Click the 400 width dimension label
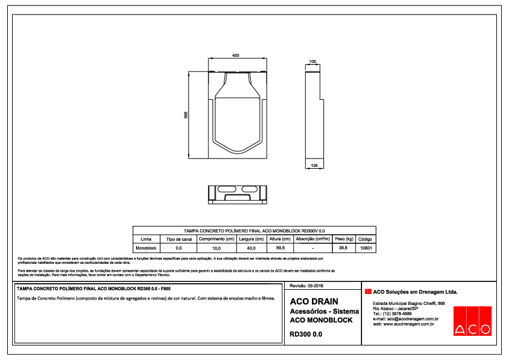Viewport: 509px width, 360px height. (236, 55)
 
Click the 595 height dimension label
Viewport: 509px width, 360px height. (186, 116)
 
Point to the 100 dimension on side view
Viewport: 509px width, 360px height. (312, 62)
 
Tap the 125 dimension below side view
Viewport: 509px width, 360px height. (314, 165)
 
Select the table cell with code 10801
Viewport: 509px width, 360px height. (366, 248)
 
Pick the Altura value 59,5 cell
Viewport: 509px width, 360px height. (280, 248)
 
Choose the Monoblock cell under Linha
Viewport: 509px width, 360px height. (146, 248)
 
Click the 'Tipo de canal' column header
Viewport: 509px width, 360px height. (178, 239)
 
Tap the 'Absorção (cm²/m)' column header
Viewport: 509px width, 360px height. (313, 239)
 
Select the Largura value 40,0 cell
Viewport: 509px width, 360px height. (250, 248)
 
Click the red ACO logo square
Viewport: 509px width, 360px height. (472, 320)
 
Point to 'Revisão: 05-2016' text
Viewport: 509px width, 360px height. (308, 285)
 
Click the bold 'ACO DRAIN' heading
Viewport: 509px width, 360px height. (314, 301)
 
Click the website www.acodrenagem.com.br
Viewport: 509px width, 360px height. (404, 324)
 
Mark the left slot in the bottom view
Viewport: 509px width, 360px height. (221, 190)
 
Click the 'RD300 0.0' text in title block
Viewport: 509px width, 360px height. (306, 334)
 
